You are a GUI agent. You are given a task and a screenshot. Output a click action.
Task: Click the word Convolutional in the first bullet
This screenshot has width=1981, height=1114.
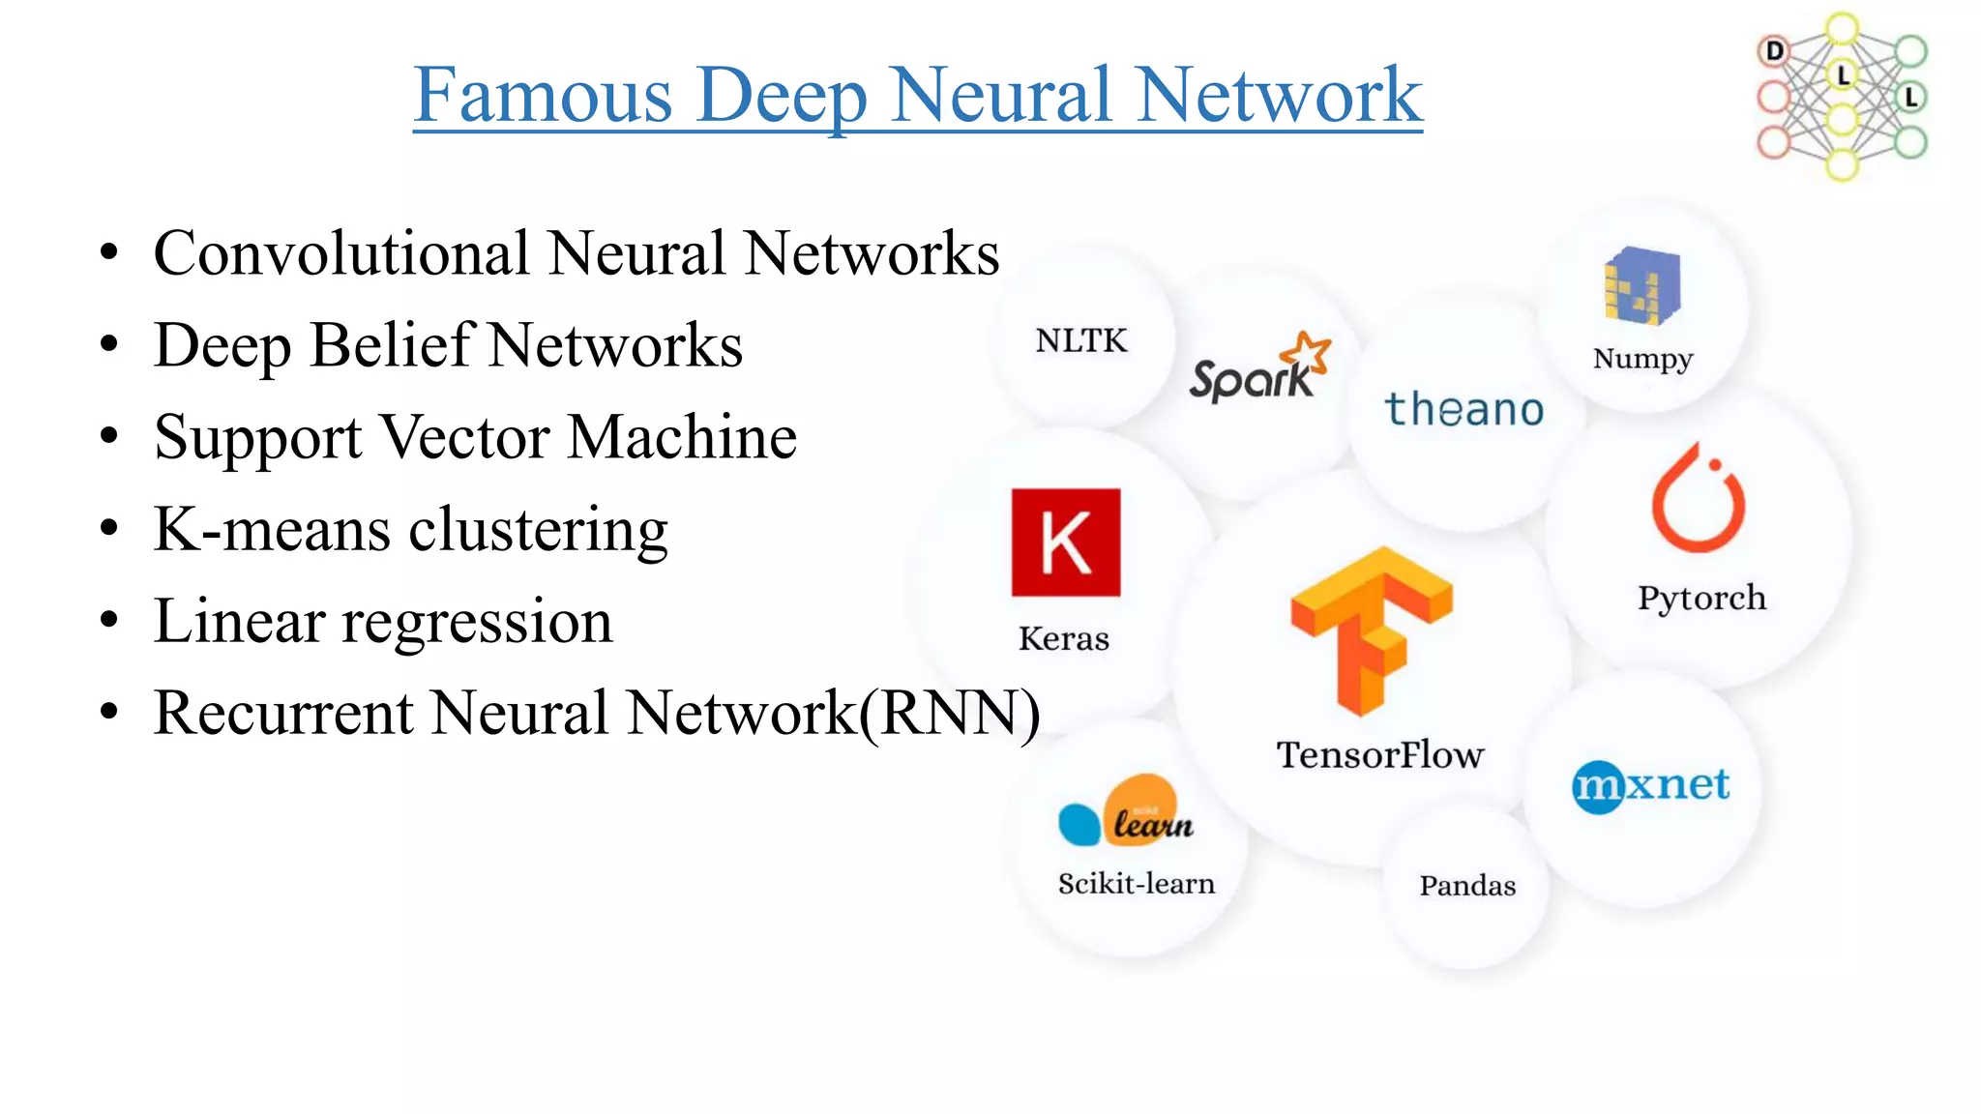click(x=342, y=253)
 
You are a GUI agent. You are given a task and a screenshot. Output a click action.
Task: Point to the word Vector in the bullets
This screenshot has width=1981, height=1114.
click(x=464, y=437)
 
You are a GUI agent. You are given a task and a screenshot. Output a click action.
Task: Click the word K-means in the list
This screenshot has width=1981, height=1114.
click(x=273, y=530)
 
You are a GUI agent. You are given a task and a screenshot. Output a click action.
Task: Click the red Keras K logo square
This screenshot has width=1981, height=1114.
click(x=1065, y=542)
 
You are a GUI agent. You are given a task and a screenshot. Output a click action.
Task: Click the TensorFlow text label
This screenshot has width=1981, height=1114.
click(x=1379, y=755)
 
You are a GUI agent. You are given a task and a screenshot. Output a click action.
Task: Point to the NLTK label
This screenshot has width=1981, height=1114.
click(x=1081, y=341)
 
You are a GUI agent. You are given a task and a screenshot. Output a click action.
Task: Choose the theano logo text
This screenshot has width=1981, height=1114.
click(x=1464, y=410)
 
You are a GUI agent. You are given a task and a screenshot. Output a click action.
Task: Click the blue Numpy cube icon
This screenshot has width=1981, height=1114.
click(x=1641, y=285)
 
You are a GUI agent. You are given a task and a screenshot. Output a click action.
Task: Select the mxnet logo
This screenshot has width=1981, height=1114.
click(x=1650, y=785)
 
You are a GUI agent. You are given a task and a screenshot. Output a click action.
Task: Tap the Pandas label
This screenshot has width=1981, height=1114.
click(x=1466, y=886)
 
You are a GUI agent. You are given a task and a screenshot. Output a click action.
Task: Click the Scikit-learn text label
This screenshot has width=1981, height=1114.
click(x=1136, y=884)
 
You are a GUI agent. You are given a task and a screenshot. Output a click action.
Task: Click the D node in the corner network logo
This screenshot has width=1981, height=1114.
click(x=1774, y=50)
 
